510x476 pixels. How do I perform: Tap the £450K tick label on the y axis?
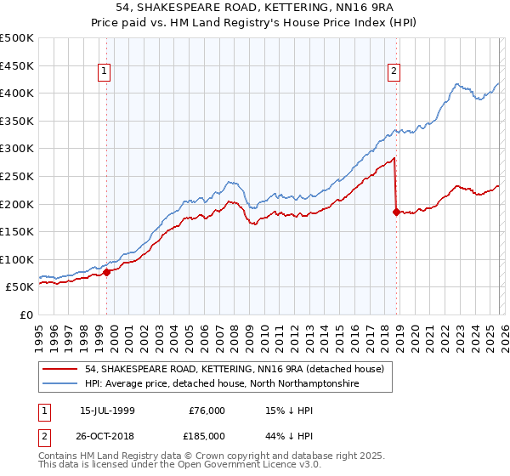point(17,65)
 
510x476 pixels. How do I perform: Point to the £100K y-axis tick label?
point(17,259)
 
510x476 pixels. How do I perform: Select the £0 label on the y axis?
point(26,314)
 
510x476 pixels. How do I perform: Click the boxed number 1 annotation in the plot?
point(105,72)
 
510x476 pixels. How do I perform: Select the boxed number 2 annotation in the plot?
point(394,72)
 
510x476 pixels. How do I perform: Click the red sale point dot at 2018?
point(396,212)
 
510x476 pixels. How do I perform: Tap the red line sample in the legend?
point(61,369)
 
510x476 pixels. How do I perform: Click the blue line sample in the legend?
point(61,384)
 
